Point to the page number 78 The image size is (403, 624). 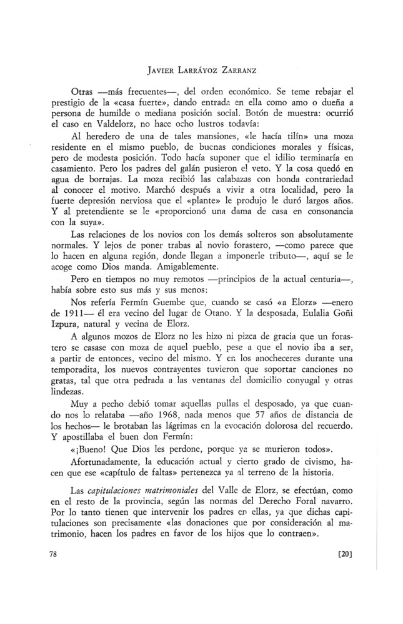(x=54, y=553)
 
